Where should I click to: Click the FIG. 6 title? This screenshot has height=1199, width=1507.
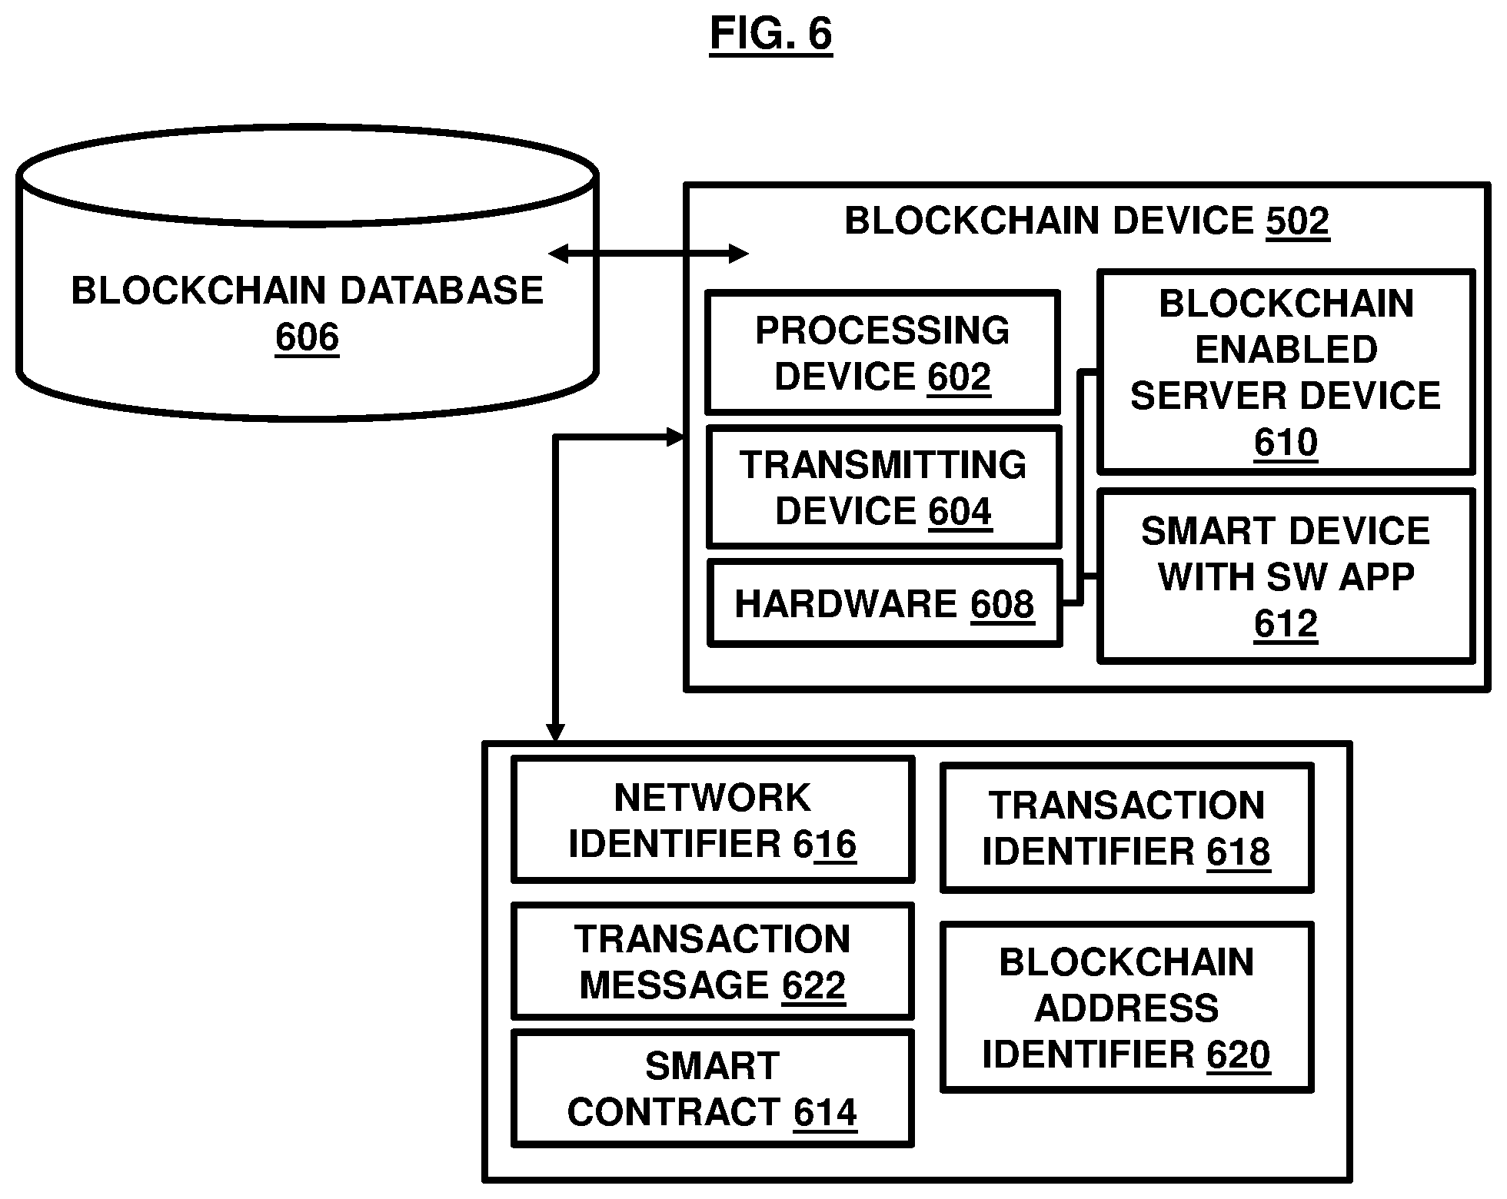coord(770,34)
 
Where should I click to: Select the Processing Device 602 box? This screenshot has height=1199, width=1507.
coord(883,353)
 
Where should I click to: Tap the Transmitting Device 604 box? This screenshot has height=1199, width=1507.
coord(883,487)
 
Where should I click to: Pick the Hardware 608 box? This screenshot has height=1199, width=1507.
coord(884,603)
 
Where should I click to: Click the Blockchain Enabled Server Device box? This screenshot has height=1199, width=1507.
coord(1286,372)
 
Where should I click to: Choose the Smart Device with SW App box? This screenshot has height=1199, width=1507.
coord(1286,576)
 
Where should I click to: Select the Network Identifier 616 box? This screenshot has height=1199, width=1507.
coord(713,820)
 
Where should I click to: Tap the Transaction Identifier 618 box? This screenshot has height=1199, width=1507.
coord(1126,828)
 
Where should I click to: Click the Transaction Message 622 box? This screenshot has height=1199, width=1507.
coord(713,962)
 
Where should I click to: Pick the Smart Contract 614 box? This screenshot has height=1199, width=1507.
coord(713,1088)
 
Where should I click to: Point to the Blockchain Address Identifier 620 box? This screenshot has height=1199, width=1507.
coord(1126,1007)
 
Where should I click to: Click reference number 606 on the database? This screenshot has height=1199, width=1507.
coord(307,337)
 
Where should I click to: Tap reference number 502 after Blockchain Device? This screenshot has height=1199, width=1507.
coord(1298,221)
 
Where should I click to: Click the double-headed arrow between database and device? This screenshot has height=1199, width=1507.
coord(649,254)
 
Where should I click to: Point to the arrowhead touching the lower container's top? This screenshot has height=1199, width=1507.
coord(554,733)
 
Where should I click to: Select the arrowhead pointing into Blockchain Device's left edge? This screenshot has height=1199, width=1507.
coord(675,438)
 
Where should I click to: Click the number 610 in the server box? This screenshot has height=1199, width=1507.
coord(1286,443)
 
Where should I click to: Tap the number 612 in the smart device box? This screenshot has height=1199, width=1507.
coord(1286,624)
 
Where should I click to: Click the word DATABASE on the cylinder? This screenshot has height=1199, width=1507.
coord(441,291)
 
